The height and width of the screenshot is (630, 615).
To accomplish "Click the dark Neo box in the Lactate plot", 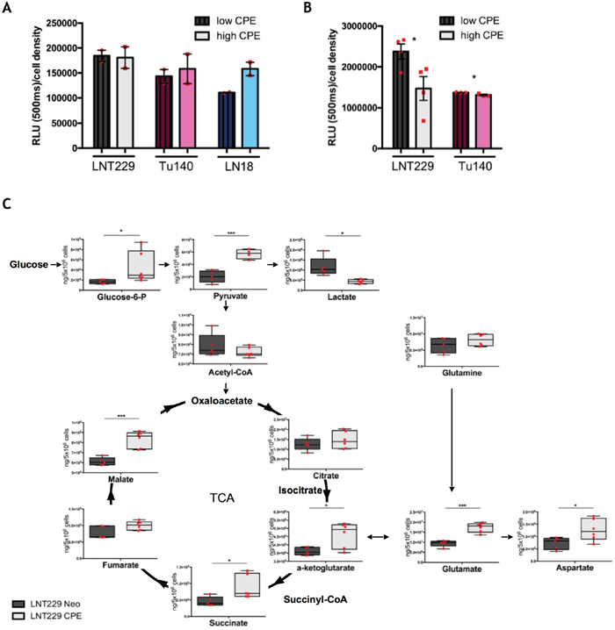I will pos(325,265).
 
